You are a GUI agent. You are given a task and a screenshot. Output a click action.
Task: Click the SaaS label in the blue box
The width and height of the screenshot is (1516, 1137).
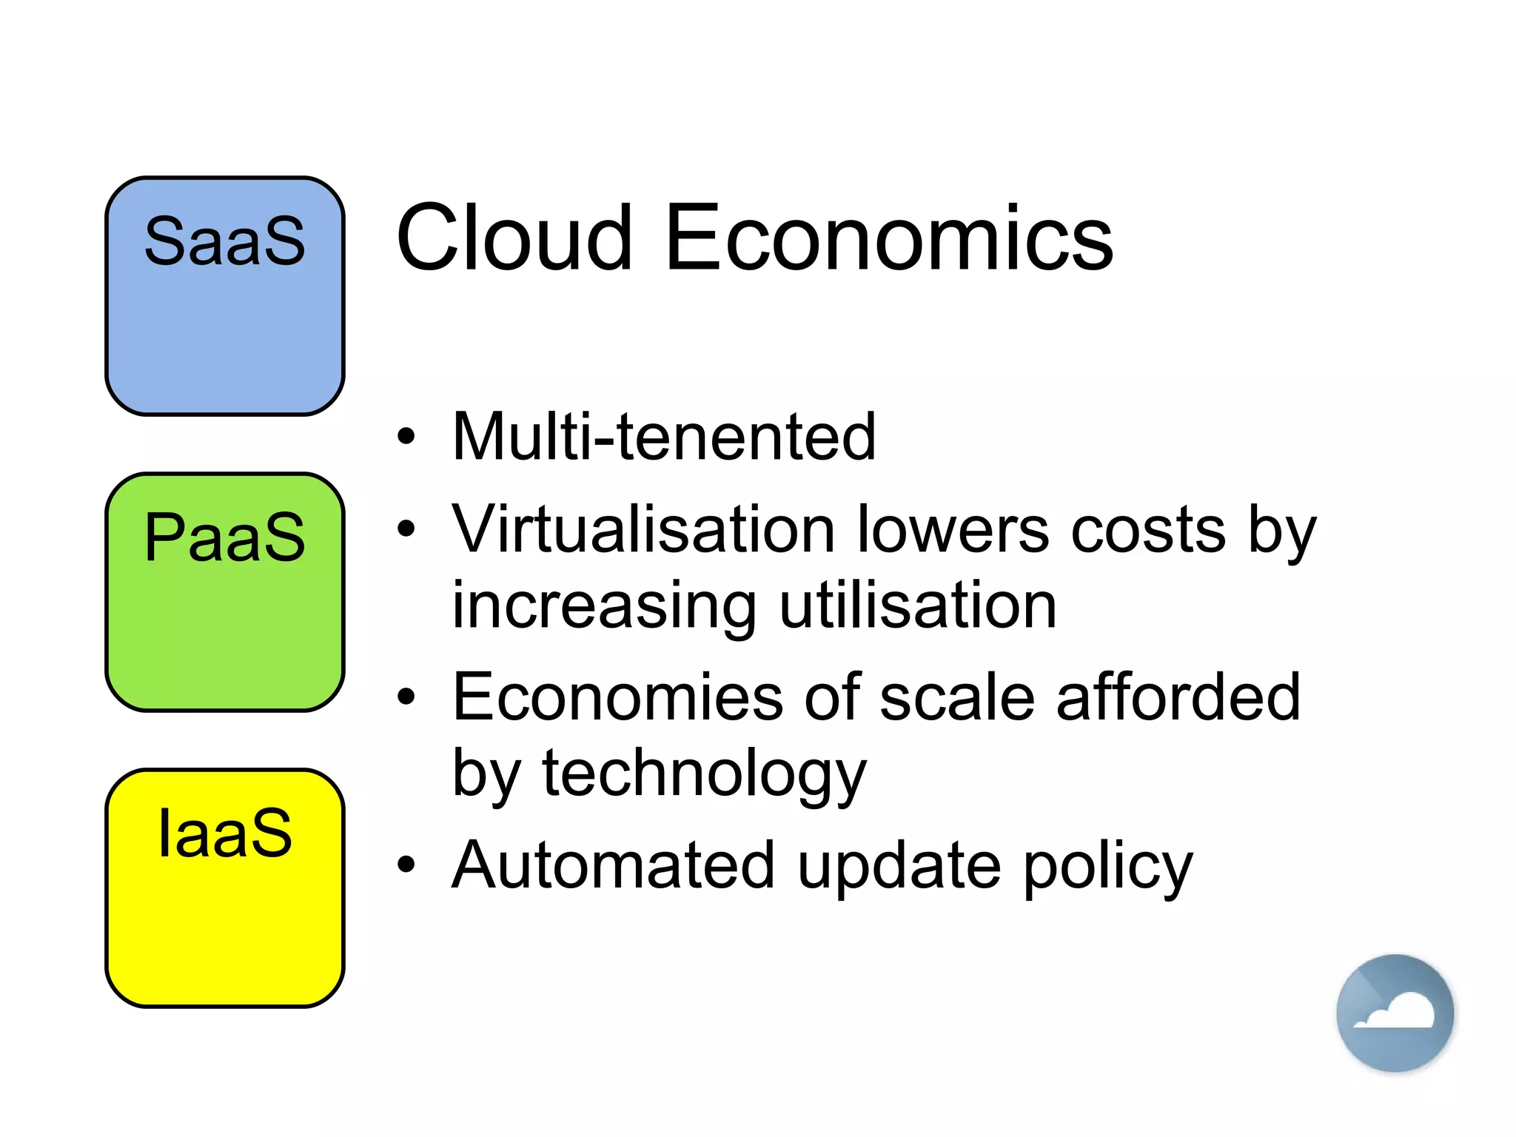(224, 241)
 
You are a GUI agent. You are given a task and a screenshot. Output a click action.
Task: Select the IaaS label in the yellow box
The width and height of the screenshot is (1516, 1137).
(225, 833)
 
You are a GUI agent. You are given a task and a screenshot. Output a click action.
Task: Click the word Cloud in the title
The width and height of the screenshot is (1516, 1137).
(514, 238)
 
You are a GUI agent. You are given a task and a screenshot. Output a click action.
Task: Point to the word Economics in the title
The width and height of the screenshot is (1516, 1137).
(888, 238)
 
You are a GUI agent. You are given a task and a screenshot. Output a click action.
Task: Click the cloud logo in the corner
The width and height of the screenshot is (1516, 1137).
(1395, 1013)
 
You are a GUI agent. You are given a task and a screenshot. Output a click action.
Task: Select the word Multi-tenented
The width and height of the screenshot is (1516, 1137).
(664, 437)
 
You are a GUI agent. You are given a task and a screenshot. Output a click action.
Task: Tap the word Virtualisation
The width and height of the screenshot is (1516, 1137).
(644, 529)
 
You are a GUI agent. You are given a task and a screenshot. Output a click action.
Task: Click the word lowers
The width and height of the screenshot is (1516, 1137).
(953, 529)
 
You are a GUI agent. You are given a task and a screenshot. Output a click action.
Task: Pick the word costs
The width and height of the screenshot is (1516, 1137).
(1148, 529)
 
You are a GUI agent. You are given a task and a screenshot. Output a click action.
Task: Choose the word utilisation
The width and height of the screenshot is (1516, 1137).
(918, 605)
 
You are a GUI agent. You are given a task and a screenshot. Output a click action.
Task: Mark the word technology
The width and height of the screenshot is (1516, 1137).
(704, 774)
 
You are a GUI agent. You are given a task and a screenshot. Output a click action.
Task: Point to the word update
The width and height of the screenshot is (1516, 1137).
(899, 866)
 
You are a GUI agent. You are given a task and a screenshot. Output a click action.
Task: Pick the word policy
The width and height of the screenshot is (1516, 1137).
(1108, 866)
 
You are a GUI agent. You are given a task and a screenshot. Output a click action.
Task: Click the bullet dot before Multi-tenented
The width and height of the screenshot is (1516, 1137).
(406, 436)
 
